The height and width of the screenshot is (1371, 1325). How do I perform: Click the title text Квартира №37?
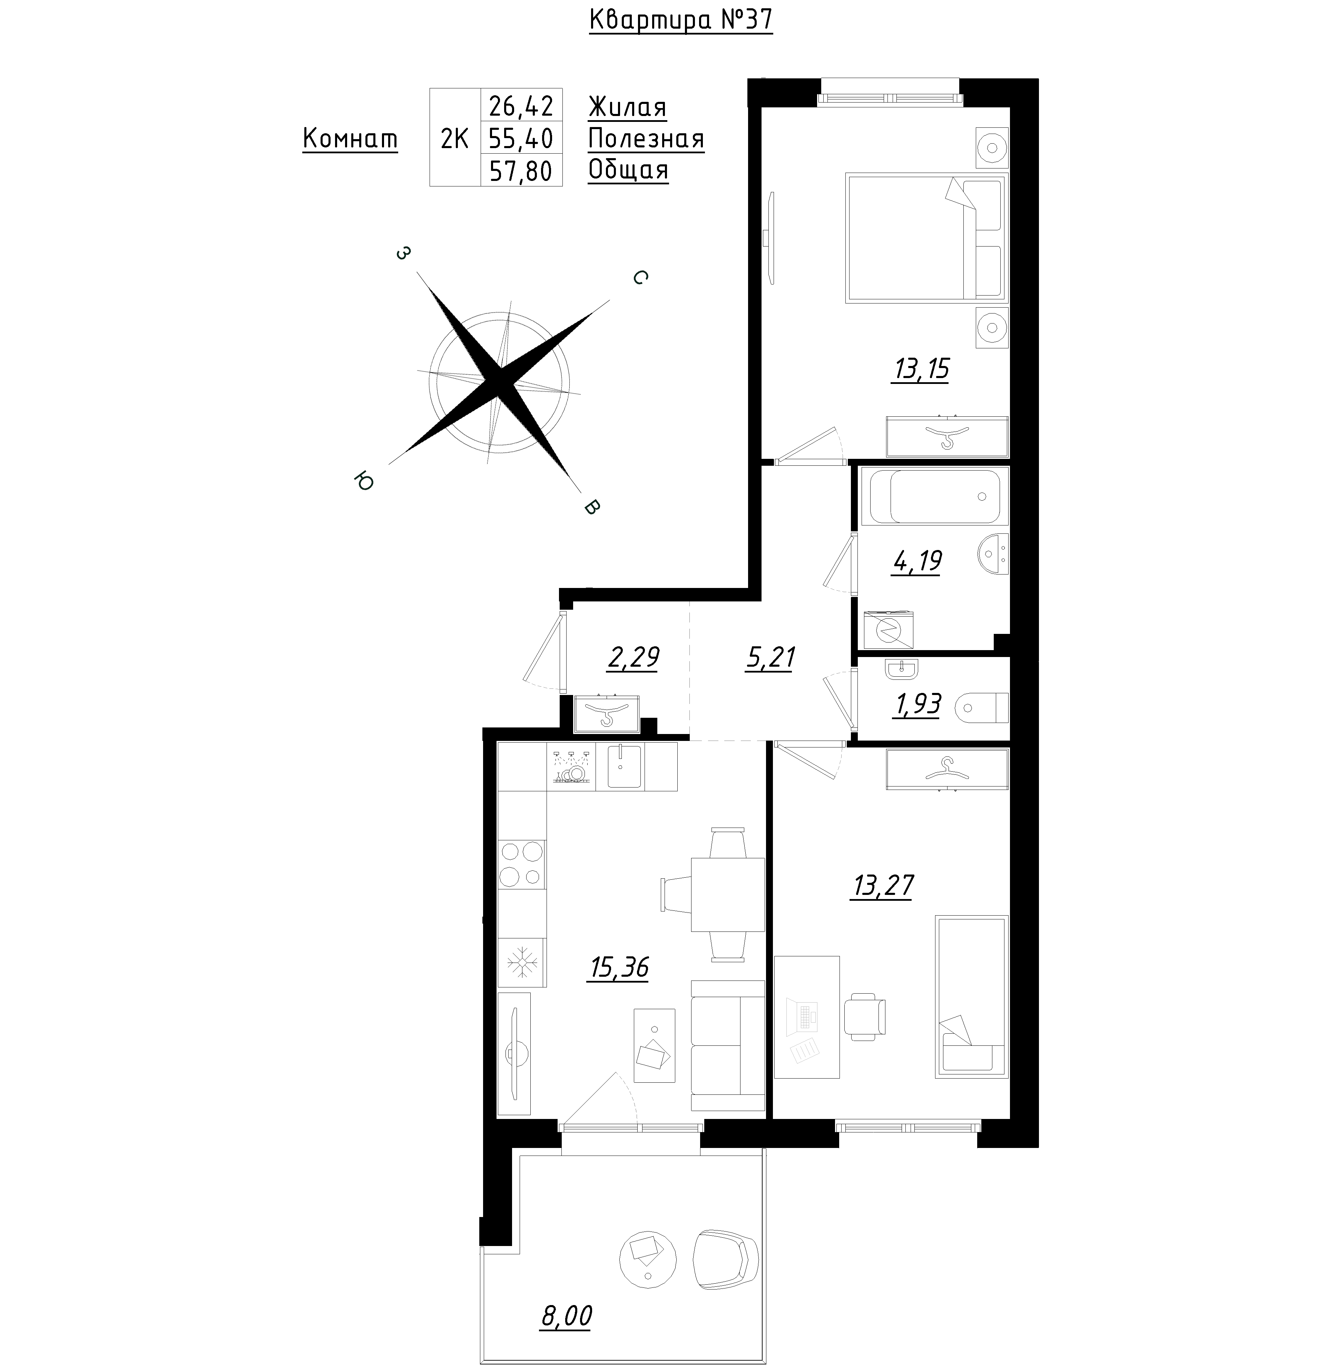point(681,20)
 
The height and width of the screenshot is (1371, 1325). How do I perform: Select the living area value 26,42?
point(521,106)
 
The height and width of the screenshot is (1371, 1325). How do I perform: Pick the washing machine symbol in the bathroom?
point(888,628)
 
